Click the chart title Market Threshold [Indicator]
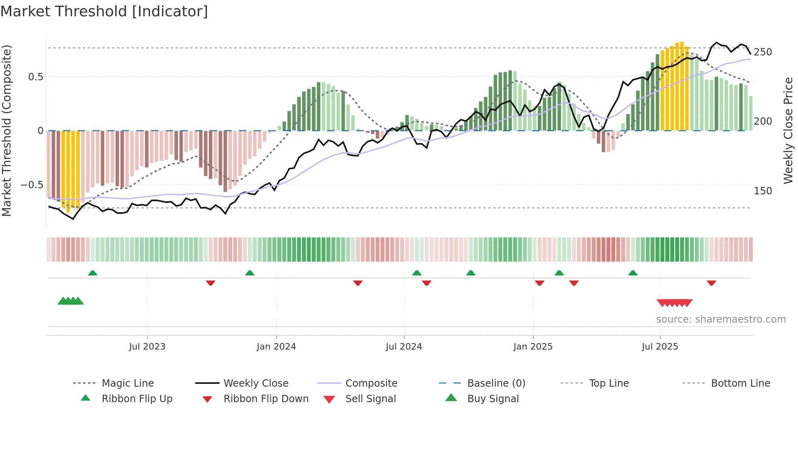(x=104, y=11)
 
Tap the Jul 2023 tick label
(x=147, y=347)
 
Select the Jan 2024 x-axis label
(x=276, y=347)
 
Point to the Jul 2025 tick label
(x=660, y=347)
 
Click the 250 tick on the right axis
(x=763, y=52)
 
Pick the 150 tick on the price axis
(x=763, y=191)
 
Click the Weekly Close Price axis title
(x=788, y=130)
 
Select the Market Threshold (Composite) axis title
(x=7, y=130)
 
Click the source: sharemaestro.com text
(x=721, y=319)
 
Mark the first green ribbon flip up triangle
(x=92, y=273)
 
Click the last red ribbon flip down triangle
(x=711, y=283)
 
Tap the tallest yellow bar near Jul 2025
(x=682, y=86)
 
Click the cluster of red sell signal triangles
(x=674, y=303)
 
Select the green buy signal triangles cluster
(x=70, y=301)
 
